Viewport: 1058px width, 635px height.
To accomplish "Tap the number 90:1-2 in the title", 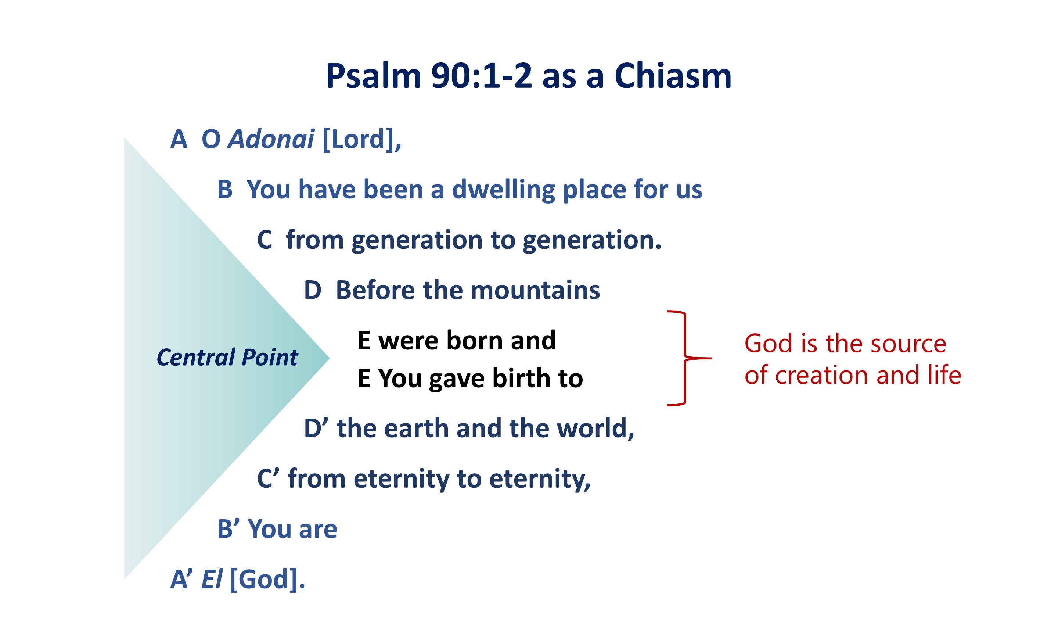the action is click(482, 76).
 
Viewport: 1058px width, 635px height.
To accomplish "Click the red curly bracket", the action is click(685, 358).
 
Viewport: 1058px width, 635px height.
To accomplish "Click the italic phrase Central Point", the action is click(227, 358).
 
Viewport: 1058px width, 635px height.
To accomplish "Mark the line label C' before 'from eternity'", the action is click(268, 478).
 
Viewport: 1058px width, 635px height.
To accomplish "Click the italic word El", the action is click(212, 580).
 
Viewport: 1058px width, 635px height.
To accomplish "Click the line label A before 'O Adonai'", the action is click(179, 140).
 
